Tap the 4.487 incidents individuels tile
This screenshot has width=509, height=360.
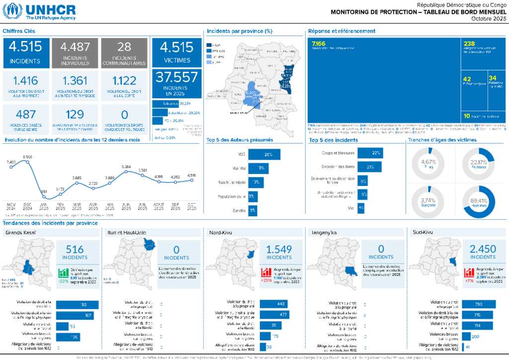coord(75,53)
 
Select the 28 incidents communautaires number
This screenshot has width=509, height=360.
coord(124,47)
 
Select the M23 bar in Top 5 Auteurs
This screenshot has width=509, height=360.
coord(264,155)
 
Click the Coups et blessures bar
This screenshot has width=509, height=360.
coord(370,153)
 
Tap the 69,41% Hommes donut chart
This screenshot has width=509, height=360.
coord(479,201)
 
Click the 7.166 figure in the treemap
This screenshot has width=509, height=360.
coord(318,44)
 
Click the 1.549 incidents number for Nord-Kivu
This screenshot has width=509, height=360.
coord(279,250)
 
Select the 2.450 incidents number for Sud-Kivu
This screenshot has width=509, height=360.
coord(483,250)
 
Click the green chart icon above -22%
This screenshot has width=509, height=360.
coord(63,272)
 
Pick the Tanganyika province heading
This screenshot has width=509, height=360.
coord(323,232)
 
